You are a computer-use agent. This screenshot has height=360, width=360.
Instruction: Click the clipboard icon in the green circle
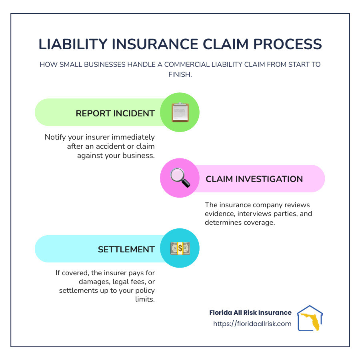coord(180,112)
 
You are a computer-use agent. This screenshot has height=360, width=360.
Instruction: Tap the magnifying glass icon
coord(180,178)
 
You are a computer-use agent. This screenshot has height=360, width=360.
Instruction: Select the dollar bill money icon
coord(180,248)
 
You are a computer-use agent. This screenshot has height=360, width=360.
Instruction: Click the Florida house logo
coord(310,318)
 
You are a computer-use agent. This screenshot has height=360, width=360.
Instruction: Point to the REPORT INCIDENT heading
coord(115,114)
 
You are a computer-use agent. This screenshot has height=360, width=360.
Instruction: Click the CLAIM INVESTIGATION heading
coord(254,179)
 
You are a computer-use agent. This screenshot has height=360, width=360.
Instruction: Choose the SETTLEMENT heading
coord(126,249)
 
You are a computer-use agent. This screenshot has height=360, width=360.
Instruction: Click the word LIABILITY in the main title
coord(73,44)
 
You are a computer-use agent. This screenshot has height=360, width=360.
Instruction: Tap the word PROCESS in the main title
coord(288,44)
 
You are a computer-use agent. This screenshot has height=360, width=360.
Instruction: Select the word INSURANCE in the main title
coord(155,44)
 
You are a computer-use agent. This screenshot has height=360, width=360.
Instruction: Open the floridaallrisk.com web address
coord(252,324)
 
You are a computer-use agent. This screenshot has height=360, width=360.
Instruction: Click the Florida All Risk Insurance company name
coord(250,312)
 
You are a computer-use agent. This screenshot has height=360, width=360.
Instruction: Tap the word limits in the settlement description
coord(145,299)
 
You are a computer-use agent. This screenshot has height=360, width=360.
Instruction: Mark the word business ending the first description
coord(138,156)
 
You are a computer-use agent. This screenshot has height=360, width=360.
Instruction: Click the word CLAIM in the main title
coord(226,44)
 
